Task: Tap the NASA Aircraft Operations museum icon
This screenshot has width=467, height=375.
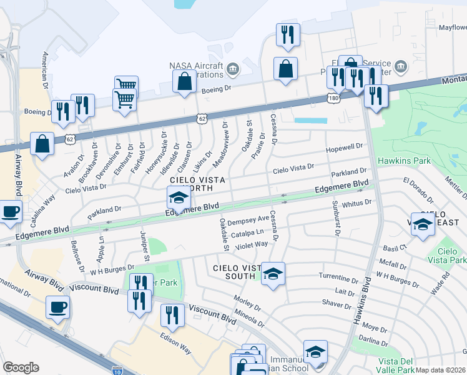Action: click(232, 67)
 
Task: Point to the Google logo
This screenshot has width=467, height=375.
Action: click(21, 367)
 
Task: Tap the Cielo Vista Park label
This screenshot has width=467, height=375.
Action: click(453, 254)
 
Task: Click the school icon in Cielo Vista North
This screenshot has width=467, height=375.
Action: click(179, 199)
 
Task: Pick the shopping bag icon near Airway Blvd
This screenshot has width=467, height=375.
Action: click(42, 144)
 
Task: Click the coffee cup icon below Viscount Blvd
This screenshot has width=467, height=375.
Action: click(57, 307)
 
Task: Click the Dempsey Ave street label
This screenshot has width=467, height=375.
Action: click(249, 221)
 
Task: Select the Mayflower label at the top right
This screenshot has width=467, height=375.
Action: click(452, 27)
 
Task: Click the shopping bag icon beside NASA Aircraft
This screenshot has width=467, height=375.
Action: click(185, 81)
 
